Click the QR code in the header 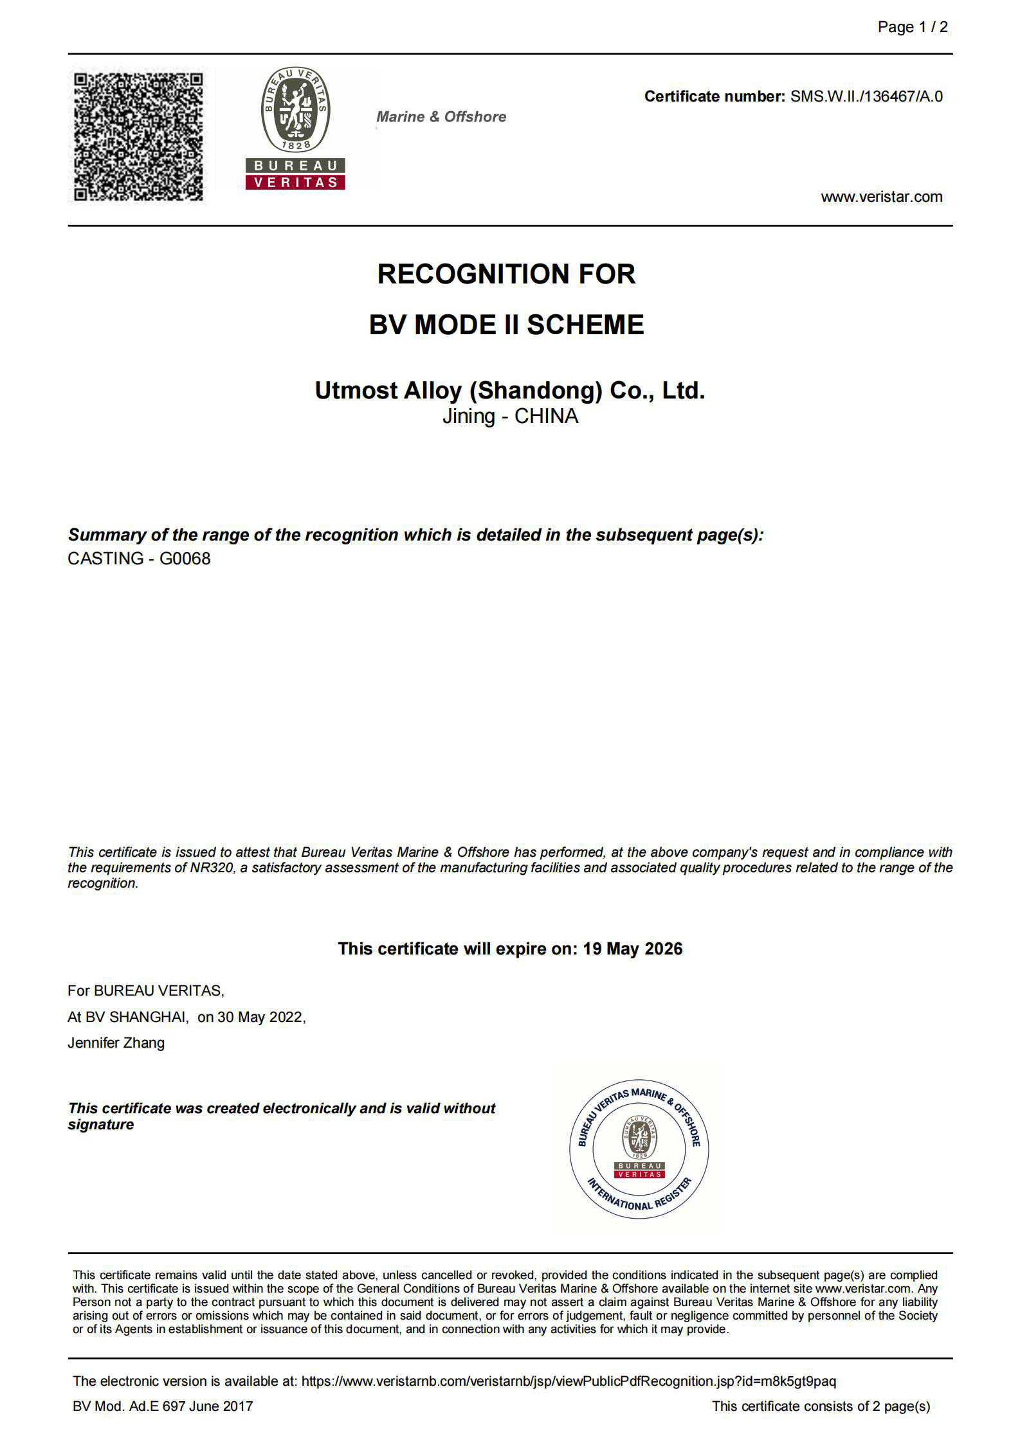[x=138, y=136]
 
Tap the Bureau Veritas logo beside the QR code [x=295, y=129]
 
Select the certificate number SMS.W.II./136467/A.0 [x=866, y=97]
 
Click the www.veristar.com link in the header [x=881, y=197]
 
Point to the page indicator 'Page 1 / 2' [x=912, y=27]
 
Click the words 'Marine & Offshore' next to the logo [x=441, y=117]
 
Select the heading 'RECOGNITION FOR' [x=506, y=274]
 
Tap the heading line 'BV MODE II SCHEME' [x=506, y=325]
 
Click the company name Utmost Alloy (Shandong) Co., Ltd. [x=509, y=390]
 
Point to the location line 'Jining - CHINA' [x=510, y=417]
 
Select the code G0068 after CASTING [x=185, y=559]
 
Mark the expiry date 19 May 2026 [x=632, y=949]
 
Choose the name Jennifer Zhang [x=116, y=1043]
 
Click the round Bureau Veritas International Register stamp [x=639, y=1149]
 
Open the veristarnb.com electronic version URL [x=569, y=1381]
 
